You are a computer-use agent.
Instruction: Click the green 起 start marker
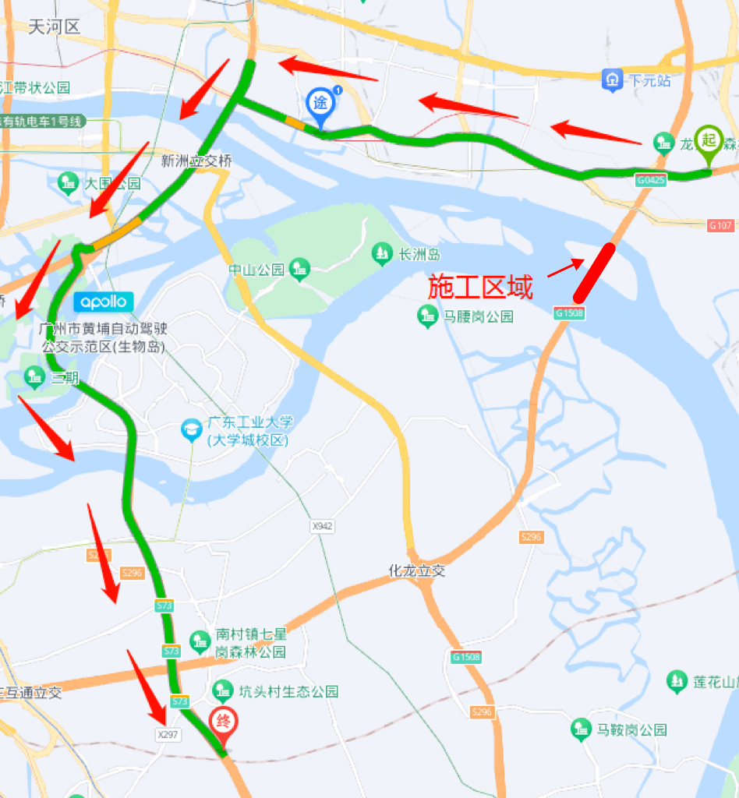(708, 142)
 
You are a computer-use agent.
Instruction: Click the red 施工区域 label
(480, 288)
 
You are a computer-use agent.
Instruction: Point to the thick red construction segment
(594, 273)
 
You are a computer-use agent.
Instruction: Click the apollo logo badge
(104, 302)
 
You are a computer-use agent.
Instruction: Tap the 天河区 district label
(55, 27)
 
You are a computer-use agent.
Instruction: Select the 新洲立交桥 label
(196, 161)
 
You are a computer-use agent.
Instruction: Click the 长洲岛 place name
(420, 254)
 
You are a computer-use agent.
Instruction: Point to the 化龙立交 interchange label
(417, 570)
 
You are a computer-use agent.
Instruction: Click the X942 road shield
(322, 527)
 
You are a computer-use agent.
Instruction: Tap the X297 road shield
(168, 734)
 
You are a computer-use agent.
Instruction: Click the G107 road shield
(721, 225)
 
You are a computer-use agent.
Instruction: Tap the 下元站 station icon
(612, 79)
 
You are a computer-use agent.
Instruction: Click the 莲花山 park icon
(676, 681)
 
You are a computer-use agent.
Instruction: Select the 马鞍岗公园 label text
(631, 730)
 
